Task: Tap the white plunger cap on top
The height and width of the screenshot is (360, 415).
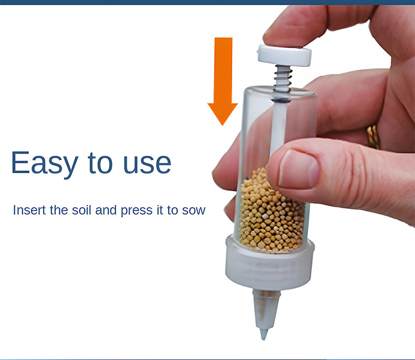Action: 284,55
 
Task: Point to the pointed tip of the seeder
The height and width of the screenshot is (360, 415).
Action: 264,335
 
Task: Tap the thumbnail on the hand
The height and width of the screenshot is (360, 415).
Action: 298,169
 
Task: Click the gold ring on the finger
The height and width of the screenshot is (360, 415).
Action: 373,137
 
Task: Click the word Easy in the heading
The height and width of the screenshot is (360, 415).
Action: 45,163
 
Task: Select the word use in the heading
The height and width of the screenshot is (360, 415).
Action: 147,164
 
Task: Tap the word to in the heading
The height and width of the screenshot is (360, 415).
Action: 100,163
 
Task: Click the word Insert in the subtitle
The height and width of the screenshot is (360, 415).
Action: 29,210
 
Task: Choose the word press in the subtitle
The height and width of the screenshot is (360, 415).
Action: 137,211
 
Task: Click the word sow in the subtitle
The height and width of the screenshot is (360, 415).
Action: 194,211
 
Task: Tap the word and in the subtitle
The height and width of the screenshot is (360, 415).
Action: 106,210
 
